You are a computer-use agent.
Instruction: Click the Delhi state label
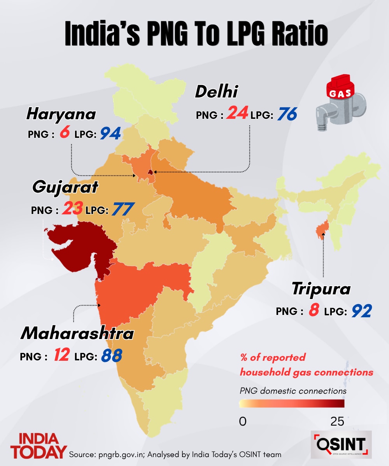coord(216,92)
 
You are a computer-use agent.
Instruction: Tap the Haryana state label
coord(61,114)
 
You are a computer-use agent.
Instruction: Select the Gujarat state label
coord(65,187)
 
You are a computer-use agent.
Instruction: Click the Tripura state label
coord(321,289)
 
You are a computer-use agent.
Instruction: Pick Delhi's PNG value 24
coord(237,113)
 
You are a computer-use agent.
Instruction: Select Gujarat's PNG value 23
coord(72,210)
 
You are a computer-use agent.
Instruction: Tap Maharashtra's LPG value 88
coord(112,356)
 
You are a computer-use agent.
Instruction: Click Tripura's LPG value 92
coord(362,311)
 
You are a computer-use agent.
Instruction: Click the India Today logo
coord(38,446)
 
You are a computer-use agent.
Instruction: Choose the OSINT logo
coord(342,443)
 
